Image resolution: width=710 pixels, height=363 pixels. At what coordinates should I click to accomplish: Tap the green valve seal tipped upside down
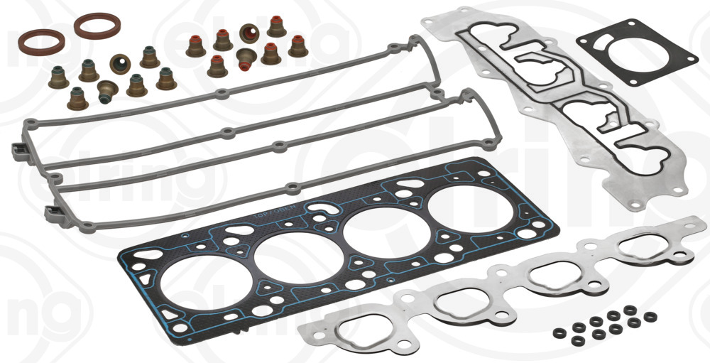109,89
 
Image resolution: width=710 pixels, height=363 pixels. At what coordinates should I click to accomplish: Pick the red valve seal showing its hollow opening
249,32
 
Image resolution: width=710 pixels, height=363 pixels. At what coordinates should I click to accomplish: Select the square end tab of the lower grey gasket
51,210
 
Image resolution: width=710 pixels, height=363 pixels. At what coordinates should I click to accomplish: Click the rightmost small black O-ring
650,316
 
